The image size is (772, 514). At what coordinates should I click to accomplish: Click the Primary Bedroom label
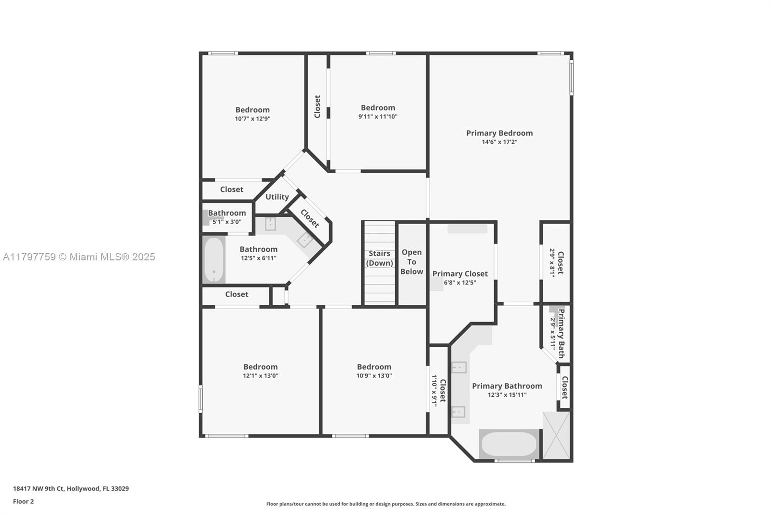tap(499, 133)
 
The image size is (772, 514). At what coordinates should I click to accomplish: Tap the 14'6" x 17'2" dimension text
tap(499, 142)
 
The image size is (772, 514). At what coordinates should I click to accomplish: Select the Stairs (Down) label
tap(379, 258)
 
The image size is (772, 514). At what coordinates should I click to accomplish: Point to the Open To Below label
tap(412, 262)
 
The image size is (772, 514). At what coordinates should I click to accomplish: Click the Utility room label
tap(277, 197)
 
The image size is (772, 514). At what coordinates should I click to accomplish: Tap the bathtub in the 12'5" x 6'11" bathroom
tap(214, 260)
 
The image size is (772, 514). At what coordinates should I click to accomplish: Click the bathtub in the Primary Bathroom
tap(509, 444)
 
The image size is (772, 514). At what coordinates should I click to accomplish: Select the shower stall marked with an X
tap(556, 435)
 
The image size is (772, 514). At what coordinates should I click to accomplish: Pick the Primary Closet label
tap(460, 273)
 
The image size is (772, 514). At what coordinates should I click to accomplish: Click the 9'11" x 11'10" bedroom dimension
tap(378, 116)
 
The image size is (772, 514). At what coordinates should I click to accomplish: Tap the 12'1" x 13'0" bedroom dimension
tap(261, 376)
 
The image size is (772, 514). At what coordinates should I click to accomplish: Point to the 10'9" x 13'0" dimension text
tap(374, 376)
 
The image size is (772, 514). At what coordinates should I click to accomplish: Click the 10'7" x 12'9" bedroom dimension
tap(253, 119)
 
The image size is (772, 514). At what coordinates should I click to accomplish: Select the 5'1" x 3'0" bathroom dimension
tap(227, 222)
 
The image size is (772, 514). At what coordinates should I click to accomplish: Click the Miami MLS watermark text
tap(79, 257)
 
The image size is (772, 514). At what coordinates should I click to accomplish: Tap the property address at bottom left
tap(71, 488)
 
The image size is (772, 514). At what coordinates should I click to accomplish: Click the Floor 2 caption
tap(24, 501)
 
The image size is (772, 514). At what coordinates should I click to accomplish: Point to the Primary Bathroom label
tap(507, 386)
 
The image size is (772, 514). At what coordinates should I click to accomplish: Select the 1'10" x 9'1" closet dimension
tap(434, 391)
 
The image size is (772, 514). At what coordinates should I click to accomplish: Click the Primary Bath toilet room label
tap(561, 334)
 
